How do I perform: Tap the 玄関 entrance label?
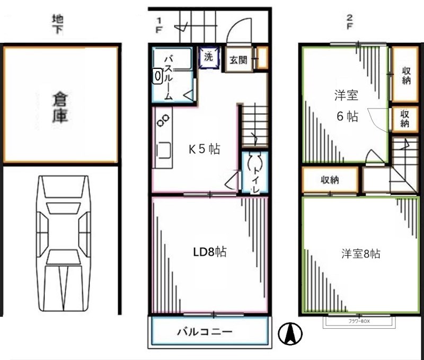[x=238, y=60]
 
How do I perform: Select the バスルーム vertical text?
[x=168, y=77]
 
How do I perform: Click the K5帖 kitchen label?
[x=205, y=149]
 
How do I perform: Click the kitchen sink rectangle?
[x=163, y=150]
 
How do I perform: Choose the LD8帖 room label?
[x=209, y=252]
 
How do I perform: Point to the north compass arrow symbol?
[x=291, y=334]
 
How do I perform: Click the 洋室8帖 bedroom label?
[x=360, y=254]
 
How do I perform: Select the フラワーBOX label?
[x=358, y=321]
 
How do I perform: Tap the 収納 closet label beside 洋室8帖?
[x=330, y=181]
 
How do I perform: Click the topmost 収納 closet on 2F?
[x=405, y=75]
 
